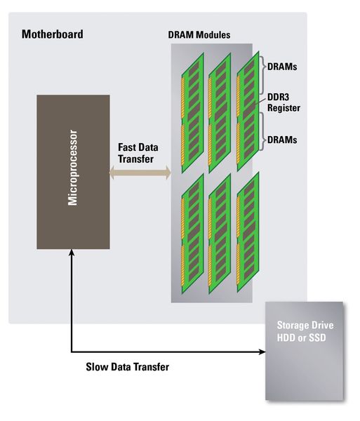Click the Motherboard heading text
click(x=53, y=34)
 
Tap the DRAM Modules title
click(x=199, y=35)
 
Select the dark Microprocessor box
click(x=73, y=172)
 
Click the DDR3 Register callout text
click(x=284, y=103)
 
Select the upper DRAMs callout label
click(x=281, y=68)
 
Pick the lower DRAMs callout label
click(x=281, y=140)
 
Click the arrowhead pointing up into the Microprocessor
click(x=72, y=254)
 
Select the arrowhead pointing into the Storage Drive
click(x=260, y=352)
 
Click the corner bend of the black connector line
click(x=72, y=352)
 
